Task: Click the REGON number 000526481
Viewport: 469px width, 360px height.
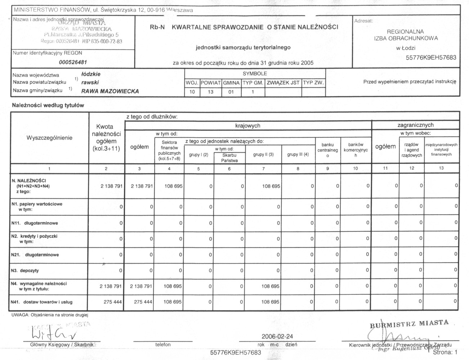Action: [x=73, y=62]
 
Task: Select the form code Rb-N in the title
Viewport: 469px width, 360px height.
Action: [x=157, y=27]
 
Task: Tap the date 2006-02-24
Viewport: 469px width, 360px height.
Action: [x=277, y=336]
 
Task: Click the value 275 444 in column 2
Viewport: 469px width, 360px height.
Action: [x=113, y=302]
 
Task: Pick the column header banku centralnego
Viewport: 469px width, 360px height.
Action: [x=327, y=150]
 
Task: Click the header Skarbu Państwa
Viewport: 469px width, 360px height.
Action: [x=229, y=158]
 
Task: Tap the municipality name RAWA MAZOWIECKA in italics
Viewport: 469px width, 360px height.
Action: [x=110, y=91]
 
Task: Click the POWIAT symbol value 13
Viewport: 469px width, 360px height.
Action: [x=210, y=92]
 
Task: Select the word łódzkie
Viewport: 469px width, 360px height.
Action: [x=91, y=74]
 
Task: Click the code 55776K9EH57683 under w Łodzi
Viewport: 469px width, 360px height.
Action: [x=431, y=58]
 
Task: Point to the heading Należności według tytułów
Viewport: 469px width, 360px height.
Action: [x=48, y=105]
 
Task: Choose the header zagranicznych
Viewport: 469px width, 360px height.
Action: [x=415, y=125]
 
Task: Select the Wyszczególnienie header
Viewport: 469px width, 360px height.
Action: [x=49, y=138]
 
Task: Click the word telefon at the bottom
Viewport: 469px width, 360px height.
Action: [x=163, y=345]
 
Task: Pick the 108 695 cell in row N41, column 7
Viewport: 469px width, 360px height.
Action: [x=270, y=302]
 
